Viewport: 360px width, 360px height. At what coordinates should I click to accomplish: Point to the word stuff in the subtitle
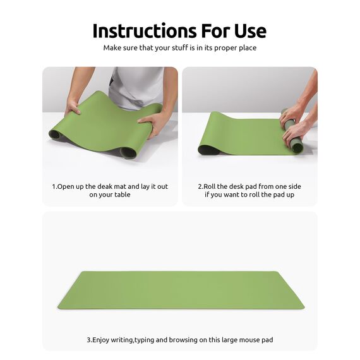[176, 47]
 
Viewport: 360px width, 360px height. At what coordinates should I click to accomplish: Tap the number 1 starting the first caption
[53, 186]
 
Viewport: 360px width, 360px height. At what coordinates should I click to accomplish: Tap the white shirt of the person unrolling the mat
[136, 85]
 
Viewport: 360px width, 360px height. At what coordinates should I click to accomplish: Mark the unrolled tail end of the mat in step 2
[212, 142]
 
